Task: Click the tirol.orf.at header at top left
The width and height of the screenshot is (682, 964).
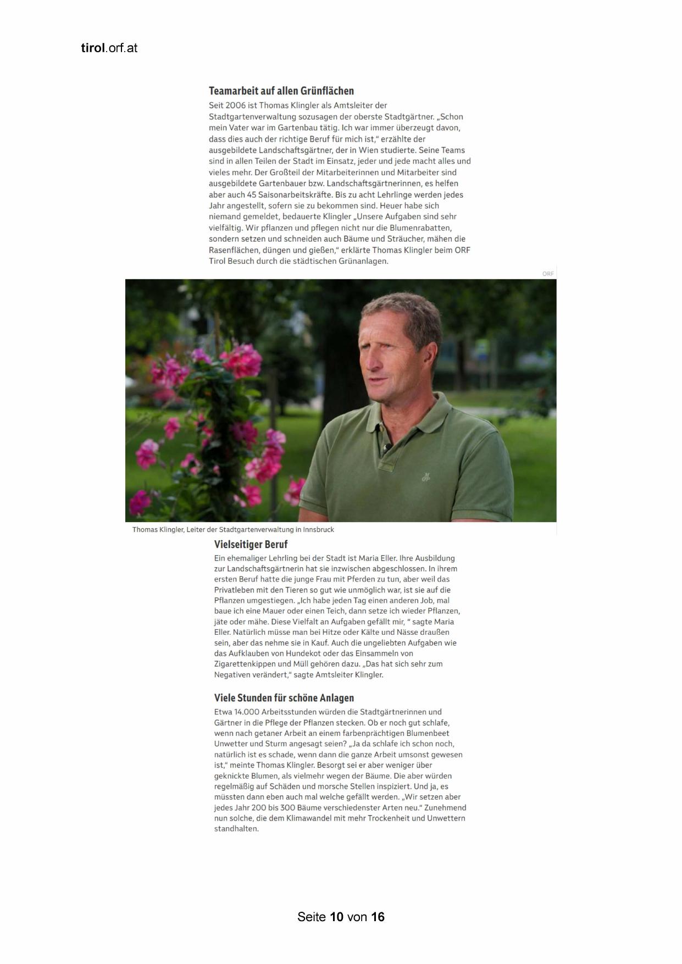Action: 109,48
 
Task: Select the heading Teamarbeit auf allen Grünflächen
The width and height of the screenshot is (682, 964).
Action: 281,91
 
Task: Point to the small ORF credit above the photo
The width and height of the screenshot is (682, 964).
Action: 548,274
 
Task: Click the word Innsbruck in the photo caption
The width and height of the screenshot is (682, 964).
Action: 318,530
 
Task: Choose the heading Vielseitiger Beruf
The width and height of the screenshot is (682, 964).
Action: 251,545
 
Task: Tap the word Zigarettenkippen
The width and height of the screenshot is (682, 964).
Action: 247,664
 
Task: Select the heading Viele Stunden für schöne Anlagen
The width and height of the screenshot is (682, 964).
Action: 284,698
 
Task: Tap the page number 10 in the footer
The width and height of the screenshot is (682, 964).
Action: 337,917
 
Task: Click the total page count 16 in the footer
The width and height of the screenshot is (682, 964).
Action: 378,917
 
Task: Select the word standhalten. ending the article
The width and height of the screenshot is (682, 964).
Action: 236,829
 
